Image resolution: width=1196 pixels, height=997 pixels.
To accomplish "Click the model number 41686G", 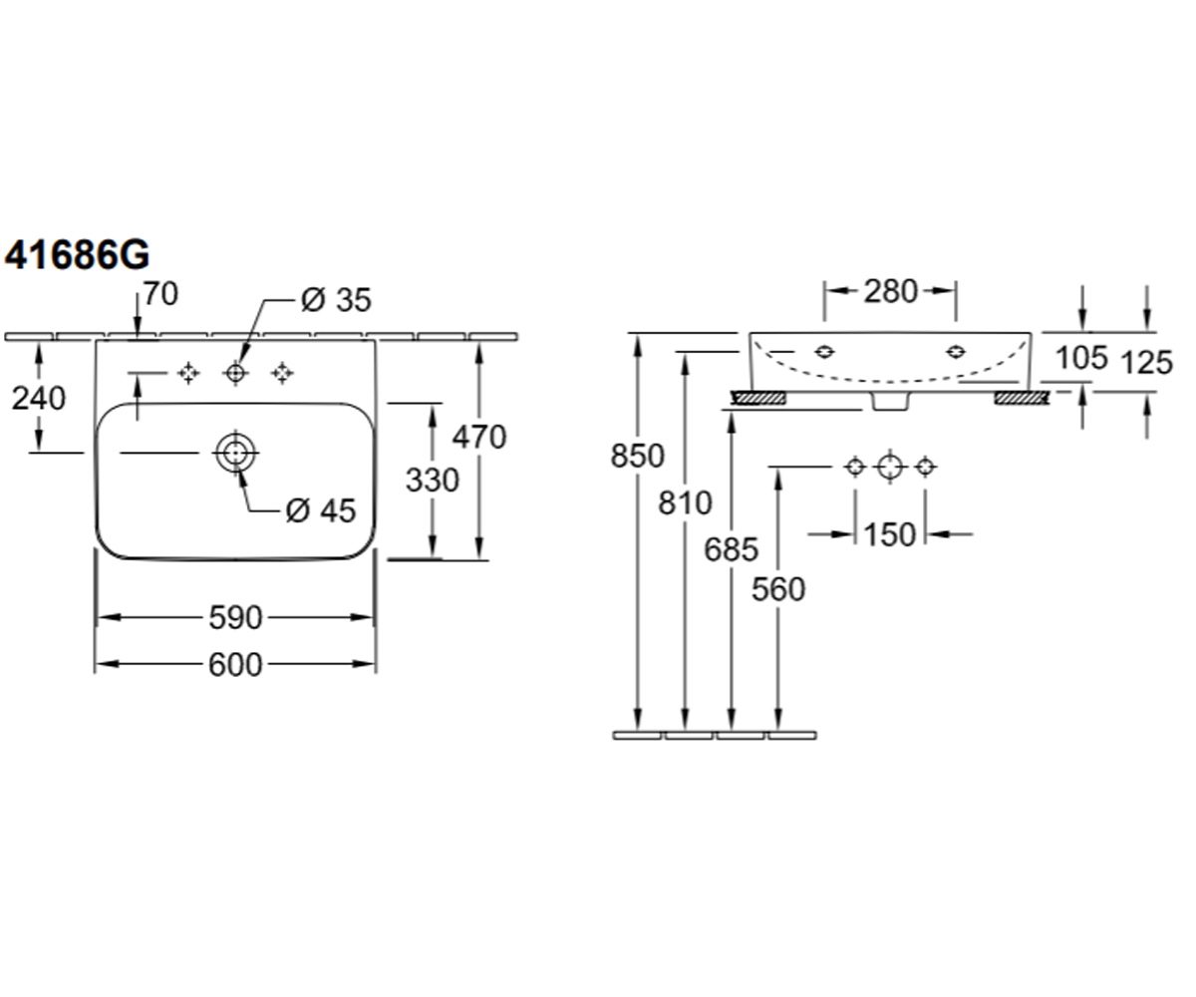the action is (77, 254).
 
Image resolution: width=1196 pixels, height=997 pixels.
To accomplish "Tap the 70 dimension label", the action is (160, 294).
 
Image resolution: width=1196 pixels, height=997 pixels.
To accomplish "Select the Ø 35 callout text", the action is (336, 300).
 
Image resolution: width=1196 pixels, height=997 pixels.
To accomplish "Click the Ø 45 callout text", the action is (321, 509).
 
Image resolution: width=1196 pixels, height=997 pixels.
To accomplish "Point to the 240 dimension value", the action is (39, 398).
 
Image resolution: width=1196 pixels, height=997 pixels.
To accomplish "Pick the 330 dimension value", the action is (433, 480).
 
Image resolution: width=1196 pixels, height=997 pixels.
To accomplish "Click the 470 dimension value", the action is (479, 438).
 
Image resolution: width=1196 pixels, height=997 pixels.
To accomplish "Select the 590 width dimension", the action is (235, 618).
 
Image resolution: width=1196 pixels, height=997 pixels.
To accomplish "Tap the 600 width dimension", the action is (235, 665).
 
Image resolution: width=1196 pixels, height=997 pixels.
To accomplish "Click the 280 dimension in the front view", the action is (891, 291).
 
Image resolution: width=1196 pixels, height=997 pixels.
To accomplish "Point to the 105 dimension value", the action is (1081, 358).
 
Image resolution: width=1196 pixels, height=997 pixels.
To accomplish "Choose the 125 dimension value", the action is (1147, 363).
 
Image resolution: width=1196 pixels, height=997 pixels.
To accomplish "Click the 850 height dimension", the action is (638, 456).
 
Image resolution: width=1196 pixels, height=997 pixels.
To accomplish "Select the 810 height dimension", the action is (685, 503).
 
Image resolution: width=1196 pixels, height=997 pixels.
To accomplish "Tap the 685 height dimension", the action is (732, 550).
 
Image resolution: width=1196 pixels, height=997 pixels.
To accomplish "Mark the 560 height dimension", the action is (778, 589).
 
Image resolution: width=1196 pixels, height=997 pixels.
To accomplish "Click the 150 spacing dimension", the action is (890, 535).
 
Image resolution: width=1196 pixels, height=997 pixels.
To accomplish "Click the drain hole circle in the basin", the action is (235, 453).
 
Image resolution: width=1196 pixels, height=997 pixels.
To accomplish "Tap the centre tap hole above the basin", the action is (235, 374).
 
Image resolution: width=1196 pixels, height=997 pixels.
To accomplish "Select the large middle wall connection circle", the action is (890, 467).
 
